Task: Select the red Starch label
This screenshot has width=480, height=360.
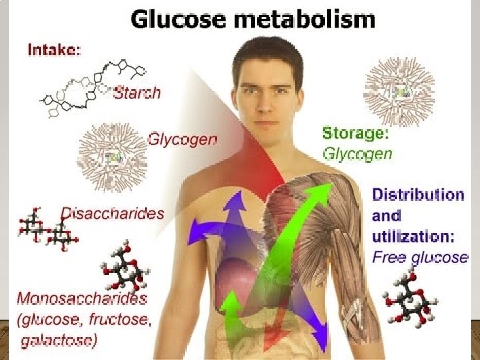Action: [137, 93]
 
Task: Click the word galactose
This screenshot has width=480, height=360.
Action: [59, 341]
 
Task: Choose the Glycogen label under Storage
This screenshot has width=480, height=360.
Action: [357, 154]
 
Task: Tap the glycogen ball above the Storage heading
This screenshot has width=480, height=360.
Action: [399, 92]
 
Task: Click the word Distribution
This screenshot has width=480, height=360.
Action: [418, 195]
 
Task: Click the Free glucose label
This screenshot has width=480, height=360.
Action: [419, 257]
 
